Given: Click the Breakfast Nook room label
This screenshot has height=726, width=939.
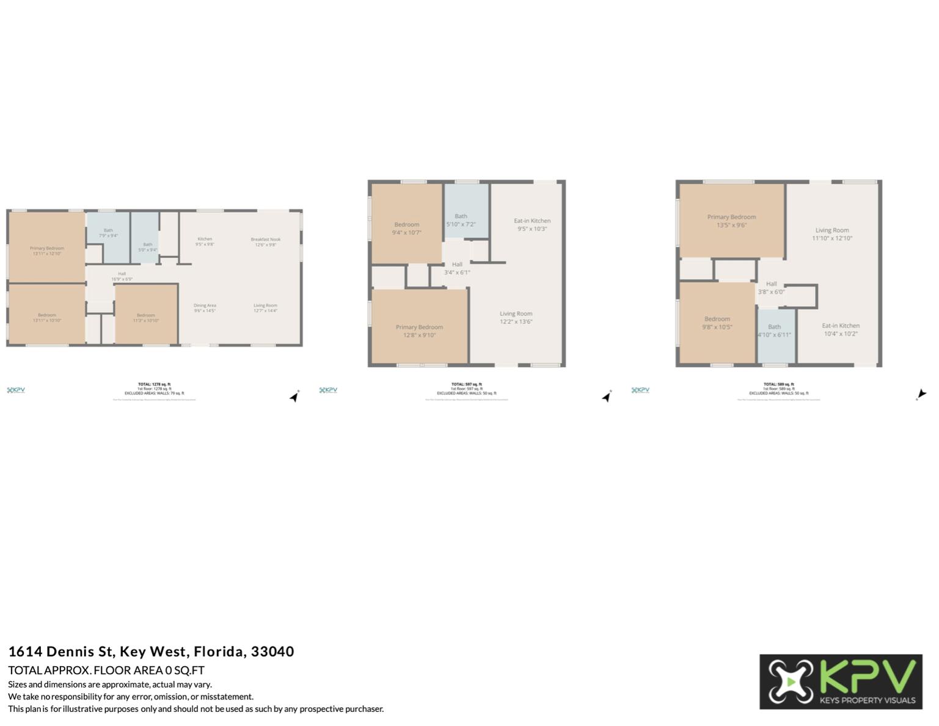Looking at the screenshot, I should click(266, 242).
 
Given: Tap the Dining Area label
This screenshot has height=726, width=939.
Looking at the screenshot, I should click(205, 308).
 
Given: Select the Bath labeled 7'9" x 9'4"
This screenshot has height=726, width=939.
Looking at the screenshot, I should click(108, 233).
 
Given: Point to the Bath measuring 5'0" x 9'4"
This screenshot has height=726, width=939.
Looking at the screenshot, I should click(148, 247).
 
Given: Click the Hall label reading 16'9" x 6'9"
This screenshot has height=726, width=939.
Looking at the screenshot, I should click(122, 276).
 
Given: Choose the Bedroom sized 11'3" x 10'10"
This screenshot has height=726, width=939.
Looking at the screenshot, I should click(146, 318).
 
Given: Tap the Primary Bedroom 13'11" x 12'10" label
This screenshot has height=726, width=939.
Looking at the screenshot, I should click(47, 251).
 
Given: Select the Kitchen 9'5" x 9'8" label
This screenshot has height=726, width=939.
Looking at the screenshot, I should click(205, 241).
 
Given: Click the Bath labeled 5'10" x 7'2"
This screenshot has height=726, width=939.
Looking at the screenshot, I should click(461, 220).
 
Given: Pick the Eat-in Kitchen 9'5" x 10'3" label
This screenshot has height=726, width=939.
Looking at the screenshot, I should click(532, 224).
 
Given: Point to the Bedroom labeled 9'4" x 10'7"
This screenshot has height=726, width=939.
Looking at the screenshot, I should click(407, 228).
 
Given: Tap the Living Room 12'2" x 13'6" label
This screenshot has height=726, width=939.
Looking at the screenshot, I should click(516, 317).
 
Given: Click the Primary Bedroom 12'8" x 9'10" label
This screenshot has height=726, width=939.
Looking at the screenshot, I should click(419, 331).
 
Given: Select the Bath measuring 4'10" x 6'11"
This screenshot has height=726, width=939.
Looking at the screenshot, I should click(775, 331).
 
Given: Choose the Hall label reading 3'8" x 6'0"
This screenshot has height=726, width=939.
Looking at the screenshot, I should click(772, 288).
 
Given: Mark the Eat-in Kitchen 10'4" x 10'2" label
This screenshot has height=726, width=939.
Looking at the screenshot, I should click(841, 329).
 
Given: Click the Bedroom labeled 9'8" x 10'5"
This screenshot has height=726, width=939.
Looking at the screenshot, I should click(717, 323).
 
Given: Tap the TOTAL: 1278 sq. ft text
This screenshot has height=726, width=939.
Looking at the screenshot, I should click(154, 384).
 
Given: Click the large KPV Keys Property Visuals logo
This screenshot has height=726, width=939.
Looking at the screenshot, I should click(841, 681).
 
